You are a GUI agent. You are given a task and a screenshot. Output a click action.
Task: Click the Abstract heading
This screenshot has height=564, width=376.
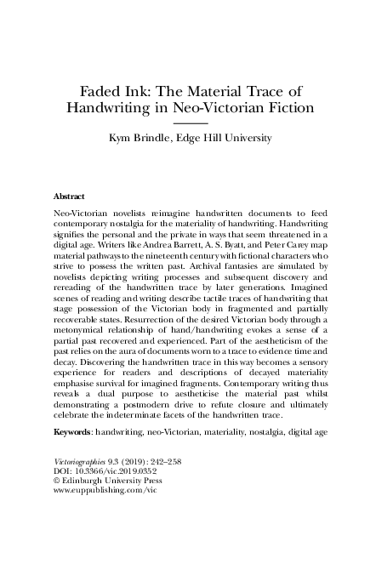tap(68, 195)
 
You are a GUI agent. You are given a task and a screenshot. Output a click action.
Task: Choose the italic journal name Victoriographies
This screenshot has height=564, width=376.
tap(85, 483)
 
